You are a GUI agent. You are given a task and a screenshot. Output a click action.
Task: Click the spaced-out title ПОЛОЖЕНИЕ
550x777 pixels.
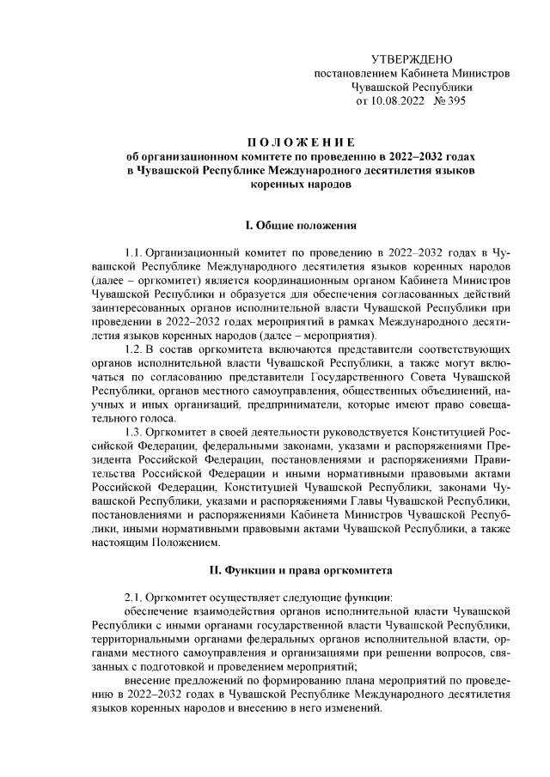[296, 143]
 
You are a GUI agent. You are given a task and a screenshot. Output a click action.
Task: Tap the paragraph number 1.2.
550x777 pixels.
[133, 350]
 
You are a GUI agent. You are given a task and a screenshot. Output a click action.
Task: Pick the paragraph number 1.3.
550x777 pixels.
[133, 432]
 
